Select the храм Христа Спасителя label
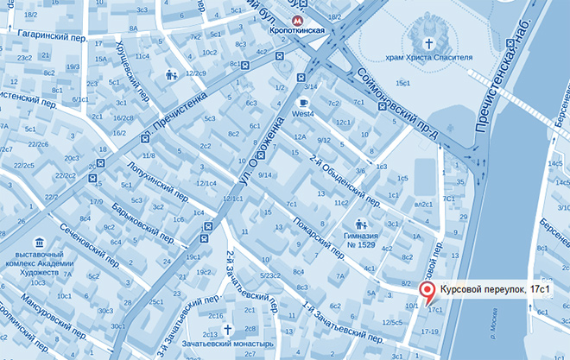(429, 57)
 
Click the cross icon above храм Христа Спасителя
(429, 42)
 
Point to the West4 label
(303, 113)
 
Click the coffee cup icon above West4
(303, 101)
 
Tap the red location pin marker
(427, 292)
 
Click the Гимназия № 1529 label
(362, 240)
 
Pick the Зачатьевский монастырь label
(228, 343)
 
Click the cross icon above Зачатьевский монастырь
(228, 329)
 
